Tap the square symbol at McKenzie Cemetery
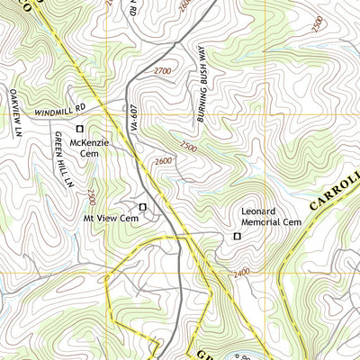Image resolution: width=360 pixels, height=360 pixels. coord(79,128)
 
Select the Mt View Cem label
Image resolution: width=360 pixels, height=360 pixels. coord(111,218)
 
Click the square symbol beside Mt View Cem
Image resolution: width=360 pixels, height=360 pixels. coord(142,207)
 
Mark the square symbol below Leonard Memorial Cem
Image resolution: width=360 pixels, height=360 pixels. coord(238,236)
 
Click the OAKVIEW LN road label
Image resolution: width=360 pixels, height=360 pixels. coord(13,115)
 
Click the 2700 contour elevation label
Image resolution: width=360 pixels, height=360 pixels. coord(162,70)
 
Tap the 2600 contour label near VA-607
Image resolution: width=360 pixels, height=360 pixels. coord(162,161)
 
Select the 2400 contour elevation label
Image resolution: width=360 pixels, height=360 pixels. coord(240,274)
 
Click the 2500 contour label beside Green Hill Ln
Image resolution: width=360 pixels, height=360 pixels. coord(90,195)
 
